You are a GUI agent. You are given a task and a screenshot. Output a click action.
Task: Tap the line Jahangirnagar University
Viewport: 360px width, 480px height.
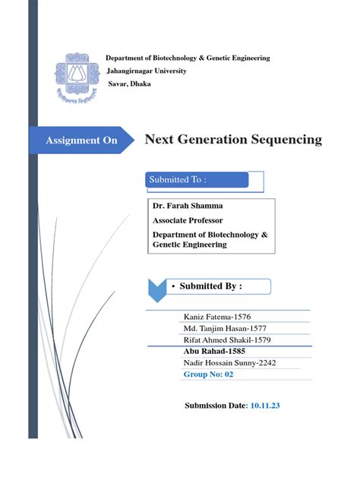point(147,71)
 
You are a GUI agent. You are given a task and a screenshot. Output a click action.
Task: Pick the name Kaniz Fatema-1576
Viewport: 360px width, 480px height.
point(217,316)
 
